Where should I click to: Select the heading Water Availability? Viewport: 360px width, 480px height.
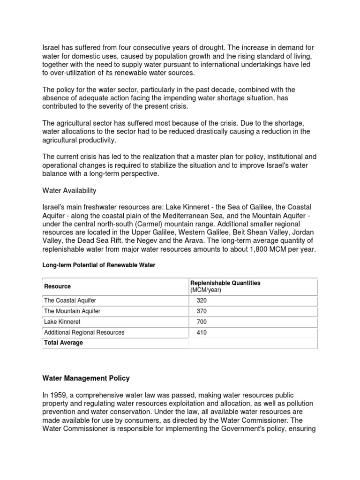tap(69, 191)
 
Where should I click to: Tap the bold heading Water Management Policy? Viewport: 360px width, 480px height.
tap(86, 377)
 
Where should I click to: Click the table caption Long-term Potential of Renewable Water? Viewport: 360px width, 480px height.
tap(99, 265)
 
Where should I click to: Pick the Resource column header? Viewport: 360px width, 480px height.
tap(57, 286)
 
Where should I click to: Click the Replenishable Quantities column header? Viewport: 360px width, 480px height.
tap(225, 283)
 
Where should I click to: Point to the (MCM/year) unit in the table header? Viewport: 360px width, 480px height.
tap(205, 290)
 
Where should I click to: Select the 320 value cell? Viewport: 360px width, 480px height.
tap(202, 300)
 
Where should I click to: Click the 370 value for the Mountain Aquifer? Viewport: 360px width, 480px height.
tap(202, 311)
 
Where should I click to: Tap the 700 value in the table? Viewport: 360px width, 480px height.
tap(202, 322)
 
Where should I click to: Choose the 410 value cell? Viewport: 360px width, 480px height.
tap(202, 333)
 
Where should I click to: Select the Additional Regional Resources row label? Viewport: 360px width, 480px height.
tap(84, 333)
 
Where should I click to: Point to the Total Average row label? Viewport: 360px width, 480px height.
tap(63, 343)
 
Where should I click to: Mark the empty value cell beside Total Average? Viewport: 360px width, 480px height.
tap(253, 343)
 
